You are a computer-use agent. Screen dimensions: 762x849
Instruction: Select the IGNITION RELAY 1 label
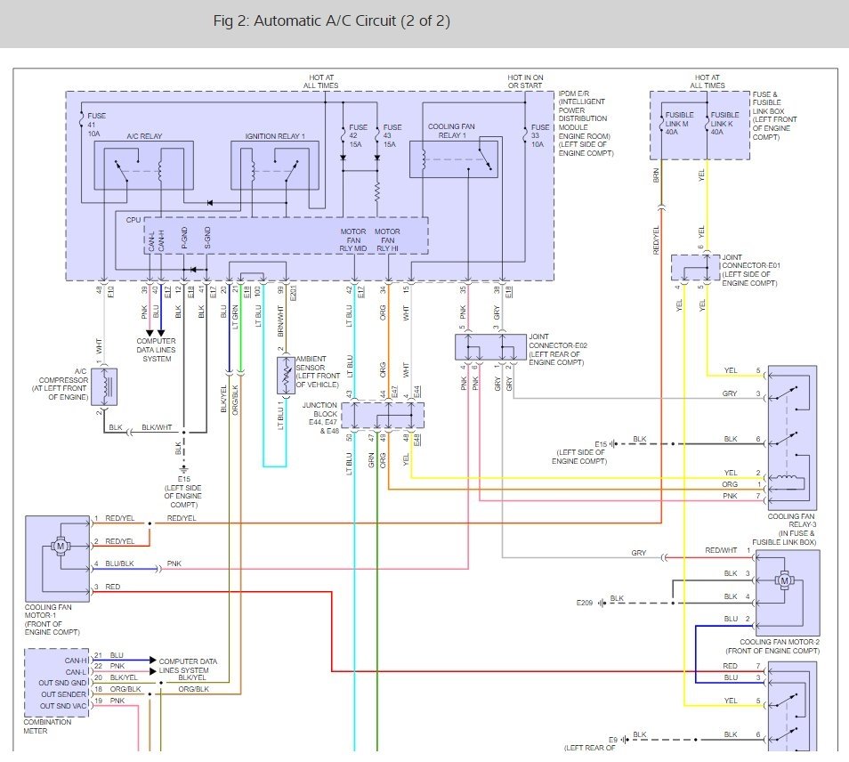click(274, 136)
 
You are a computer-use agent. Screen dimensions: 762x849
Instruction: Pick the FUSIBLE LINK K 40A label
click(724, 120)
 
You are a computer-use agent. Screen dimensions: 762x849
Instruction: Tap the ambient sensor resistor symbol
click(286, 377)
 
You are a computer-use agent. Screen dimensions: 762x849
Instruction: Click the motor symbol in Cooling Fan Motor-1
click(62, 543)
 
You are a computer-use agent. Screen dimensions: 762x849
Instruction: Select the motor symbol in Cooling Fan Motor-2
click(784, 580)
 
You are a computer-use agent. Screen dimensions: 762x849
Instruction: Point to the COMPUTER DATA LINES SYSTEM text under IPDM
click(156, 350)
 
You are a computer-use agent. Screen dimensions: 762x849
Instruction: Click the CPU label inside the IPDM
click(133, 219)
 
